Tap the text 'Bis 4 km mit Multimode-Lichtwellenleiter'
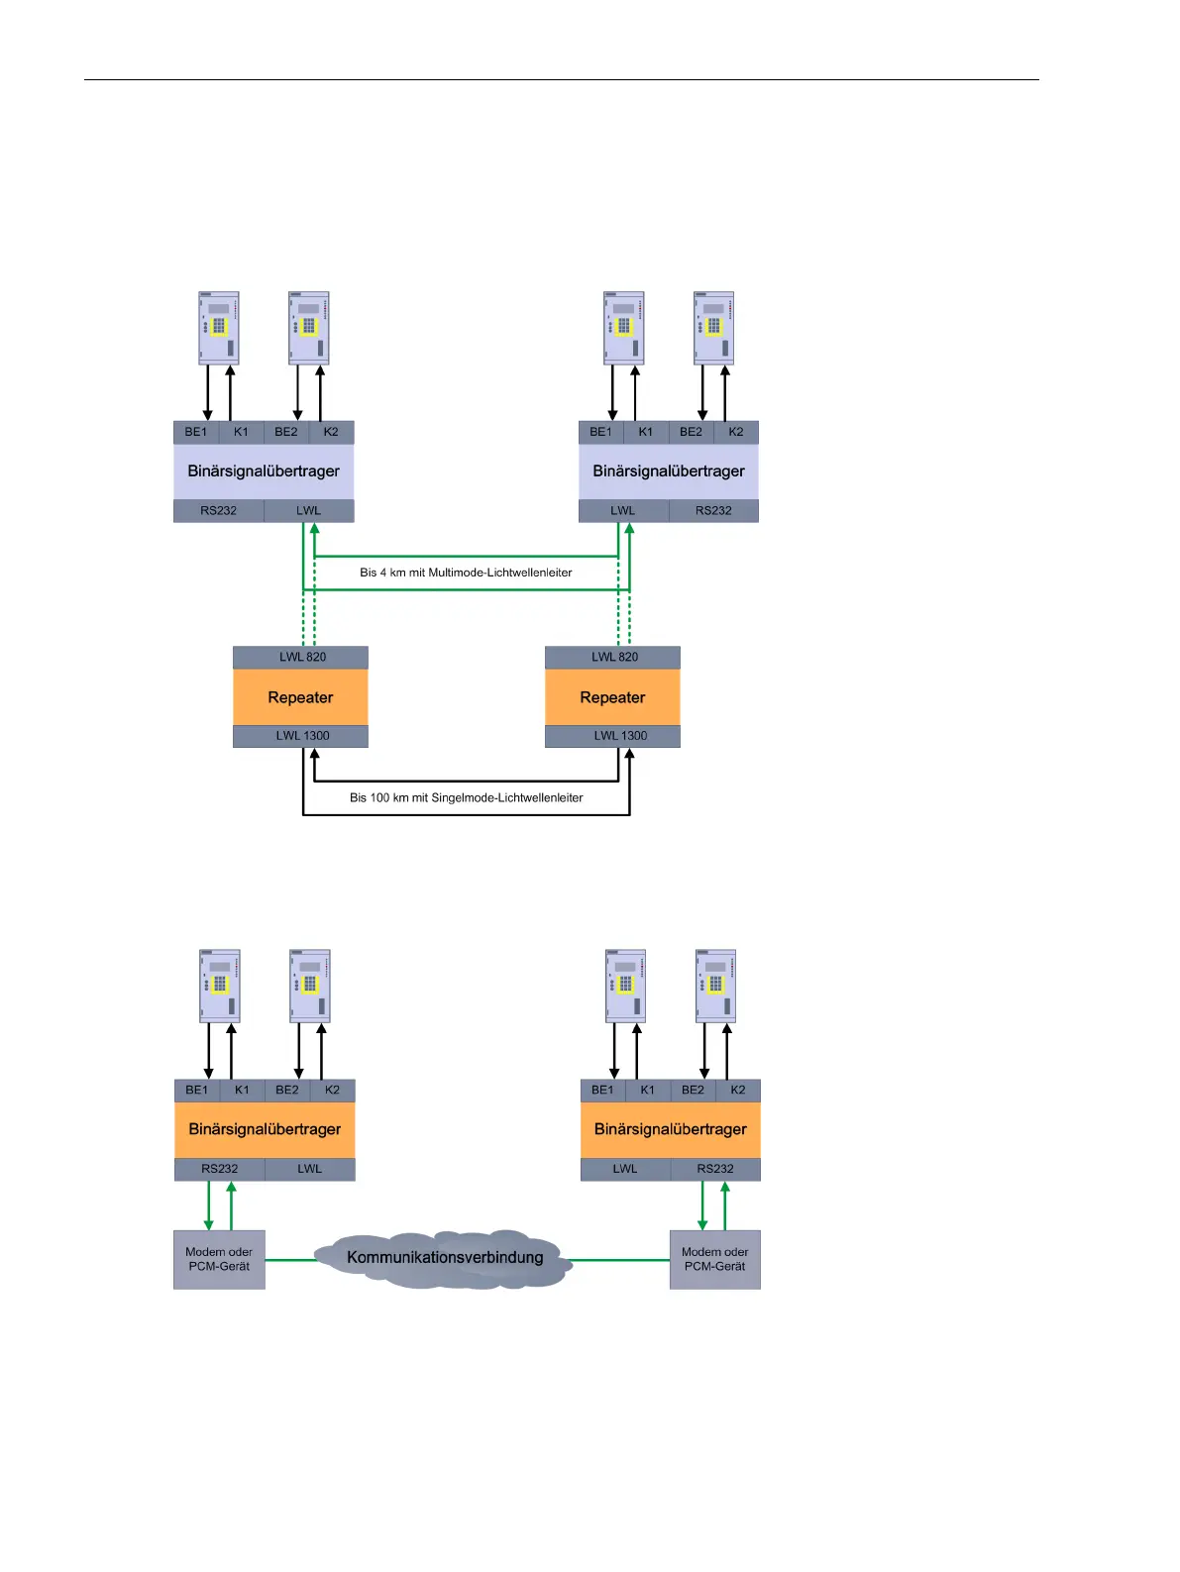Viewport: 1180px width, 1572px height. click(466, 573)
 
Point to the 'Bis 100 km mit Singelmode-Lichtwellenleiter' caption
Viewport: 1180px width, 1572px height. click(466, 797)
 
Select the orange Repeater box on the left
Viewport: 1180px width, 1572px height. click(300, 697)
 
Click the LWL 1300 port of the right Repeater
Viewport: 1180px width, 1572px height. click(620, 736)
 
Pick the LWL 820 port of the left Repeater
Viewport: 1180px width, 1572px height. click(302, 657)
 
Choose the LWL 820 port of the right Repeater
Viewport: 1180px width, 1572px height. click(614, 657)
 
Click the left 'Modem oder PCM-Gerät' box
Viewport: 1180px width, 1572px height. click(219, 1259)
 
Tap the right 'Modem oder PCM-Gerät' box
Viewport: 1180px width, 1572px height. click(714, 1259)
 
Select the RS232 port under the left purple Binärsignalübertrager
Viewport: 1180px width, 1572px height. click(218, 511)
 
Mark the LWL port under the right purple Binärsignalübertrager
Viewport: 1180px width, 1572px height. click(622, 511)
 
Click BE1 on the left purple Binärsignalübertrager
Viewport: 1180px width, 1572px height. click(196, 432)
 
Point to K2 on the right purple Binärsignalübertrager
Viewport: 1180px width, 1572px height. click(735, 432)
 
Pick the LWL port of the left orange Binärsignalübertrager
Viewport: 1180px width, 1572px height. click(309, 1169)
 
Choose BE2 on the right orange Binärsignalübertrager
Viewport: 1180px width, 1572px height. click(693, 1090)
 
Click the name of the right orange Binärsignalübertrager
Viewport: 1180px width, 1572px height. click(670, 1129)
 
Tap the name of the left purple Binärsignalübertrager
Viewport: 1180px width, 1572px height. click(264, 472)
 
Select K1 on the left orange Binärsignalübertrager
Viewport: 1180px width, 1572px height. click(242, 1090)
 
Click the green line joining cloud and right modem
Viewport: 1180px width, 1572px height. click(619, 1260)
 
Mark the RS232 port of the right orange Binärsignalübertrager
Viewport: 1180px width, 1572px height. click(714, 1169)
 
